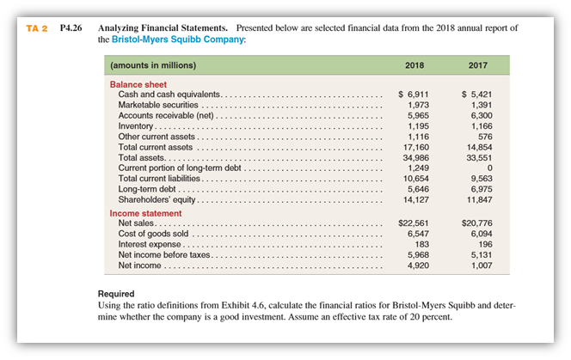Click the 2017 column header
point(477,65)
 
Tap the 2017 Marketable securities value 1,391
point(479,104)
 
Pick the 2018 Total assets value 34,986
point(416,157)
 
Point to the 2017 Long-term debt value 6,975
point(479,189)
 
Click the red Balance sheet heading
point(138,84)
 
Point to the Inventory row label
point(134,125)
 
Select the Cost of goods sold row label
point(153,234)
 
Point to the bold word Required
point(116,294)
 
